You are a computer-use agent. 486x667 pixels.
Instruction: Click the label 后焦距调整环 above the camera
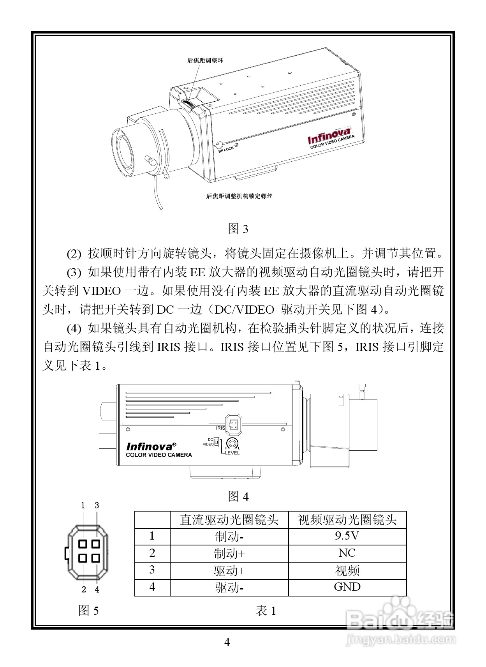pos(205,60)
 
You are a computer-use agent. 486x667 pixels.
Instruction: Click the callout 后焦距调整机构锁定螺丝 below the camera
pos(239,196)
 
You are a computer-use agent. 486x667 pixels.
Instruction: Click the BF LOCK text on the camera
pos(226,149)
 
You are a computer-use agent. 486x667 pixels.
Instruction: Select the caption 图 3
pos(238,229)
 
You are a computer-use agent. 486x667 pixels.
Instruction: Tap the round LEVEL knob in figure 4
pos(233,443)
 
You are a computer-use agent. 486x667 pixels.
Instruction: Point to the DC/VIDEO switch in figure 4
pos(217,442)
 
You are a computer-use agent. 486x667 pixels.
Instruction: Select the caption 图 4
pos(238,496)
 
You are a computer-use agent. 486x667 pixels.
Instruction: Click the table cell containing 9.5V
pos(347,536)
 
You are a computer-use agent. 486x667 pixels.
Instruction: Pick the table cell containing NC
pos(347,553)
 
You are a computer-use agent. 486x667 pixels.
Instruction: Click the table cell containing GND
pos(347,587)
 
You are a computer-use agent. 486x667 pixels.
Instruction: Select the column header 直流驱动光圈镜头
pos(229,520)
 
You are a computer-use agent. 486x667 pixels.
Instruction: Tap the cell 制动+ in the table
pos(229,553)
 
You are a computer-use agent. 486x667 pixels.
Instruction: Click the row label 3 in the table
pos(152,570)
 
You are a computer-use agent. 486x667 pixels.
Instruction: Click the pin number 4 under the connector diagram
pos(97,589)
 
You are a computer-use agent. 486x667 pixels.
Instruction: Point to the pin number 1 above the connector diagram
pos(83,505)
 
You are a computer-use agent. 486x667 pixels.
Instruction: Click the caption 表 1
pos(266,611)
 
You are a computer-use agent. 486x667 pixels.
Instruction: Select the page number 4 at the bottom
pos(227,642)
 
